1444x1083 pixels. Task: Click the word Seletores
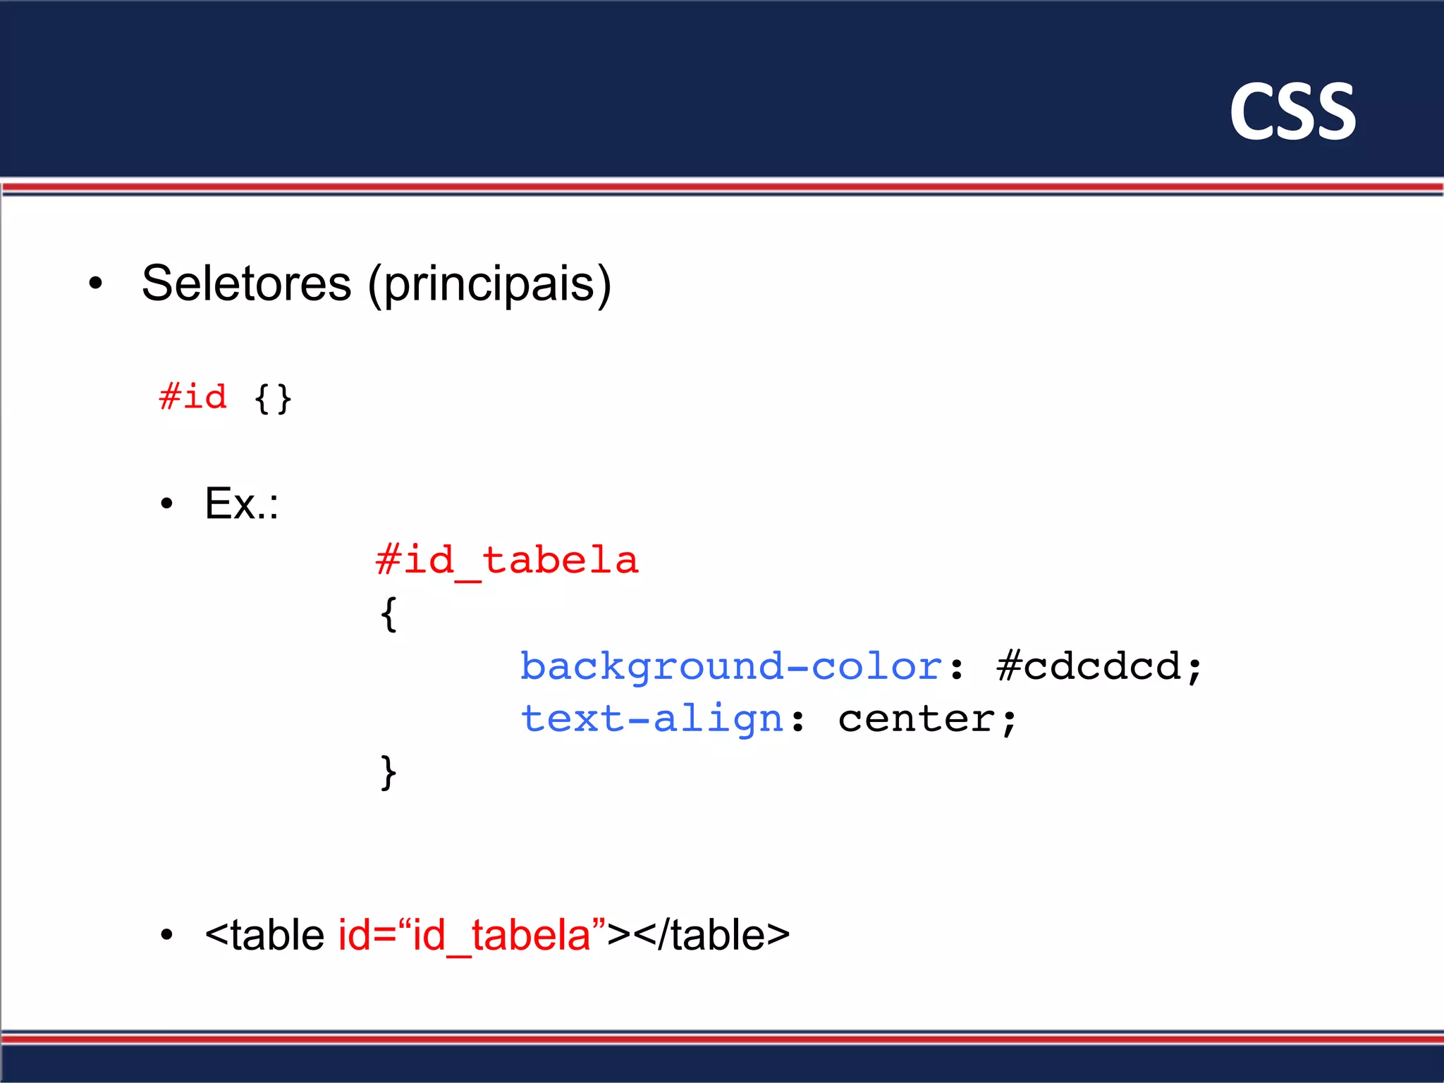246,283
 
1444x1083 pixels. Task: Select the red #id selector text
193,397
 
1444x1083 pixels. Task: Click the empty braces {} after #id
273,399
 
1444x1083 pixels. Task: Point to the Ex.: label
241,503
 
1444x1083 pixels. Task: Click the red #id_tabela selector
507,561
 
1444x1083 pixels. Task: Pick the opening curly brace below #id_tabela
388,614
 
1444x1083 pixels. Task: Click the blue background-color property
730,667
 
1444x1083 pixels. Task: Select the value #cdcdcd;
1099,667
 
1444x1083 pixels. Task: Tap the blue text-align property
651,720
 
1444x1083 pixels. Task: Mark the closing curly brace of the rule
388,773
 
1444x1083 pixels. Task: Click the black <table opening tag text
264,936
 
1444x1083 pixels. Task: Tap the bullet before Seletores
95,284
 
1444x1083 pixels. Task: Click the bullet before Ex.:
166,504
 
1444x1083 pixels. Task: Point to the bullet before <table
166,936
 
